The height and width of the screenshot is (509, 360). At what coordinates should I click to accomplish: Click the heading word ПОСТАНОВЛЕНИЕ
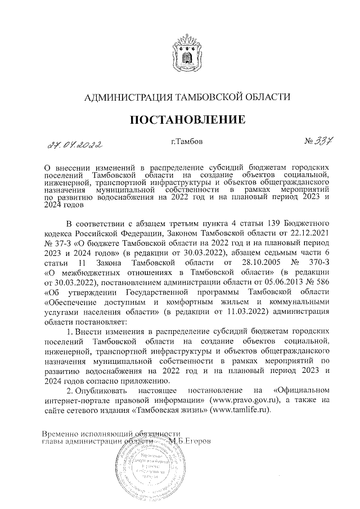coord(187,119)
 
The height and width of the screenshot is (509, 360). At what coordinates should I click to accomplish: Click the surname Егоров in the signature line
coord(197,441)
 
